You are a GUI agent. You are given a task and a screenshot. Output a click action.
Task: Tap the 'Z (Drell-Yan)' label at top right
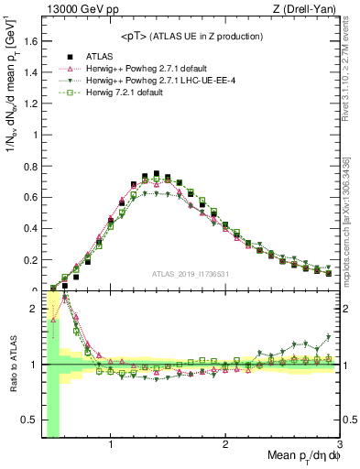pyautogui.click(x=308, y=10)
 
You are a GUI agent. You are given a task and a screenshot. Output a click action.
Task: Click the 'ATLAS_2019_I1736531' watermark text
pyautogui.click(x=191, y=273)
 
